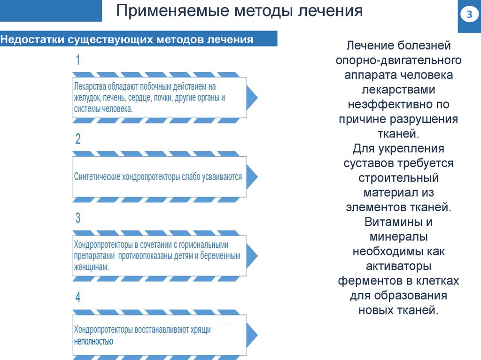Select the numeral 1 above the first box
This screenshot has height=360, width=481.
tap(78, 61)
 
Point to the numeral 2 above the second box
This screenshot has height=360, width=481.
tap(78, 139)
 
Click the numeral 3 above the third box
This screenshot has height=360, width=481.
tap(78, 218)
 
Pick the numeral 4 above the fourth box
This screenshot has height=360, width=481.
tap(78, 297)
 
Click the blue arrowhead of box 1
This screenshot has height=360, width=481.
tap(252, 98)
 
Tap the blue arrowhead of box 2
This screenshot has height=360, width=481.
tap(252, 176)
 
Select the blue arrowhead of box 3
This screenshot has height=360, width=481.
tap(252, 255)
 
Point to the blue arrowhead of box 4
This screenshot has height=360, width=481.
tap(252, 334)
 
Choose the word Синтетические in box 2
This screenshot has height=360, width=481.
tap(97, 177)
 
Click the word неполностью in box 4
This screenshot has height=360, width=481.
tap(93, 341)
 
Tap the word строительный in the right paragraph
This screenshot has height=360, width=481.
tap(398, 178)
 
